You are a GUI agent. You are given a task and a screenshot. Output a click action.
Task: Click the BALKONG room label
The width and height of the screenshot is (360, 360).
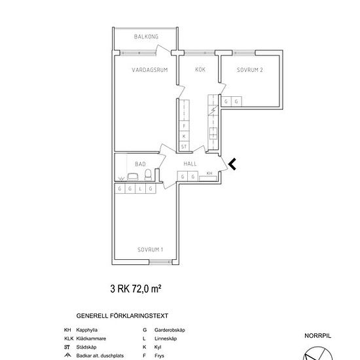coord(146,37)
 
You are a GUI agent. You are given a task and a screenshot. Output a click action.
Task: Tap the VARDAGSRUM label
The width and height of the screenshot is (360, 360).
coord(150,70)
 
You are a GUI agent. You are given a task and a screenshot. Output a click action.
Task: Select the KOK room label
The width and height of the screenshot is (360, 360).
coord(200,69)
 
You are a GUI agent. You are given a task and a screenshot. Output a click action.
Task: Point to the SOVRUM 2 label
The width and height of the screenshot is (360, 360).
coord(250,70)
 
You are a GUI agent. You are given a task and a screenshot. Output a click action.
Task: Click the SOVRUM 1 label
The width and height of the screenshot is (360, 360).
coord(150,249)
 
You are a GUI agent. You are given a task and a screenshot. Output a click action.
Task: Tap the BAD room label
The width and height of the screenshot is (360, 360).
coord(140,164)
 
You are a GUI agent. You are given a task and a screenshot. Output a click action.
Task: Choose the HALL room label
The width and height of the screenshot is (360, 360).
coord(190,164)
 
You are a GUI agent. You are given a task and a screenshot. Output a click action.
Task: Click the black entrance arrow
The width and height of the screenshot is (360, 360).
coord(232,164)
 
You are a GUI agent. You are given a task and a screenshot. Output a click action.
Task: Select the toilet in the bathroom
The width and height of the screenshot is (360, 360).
coord(148,175)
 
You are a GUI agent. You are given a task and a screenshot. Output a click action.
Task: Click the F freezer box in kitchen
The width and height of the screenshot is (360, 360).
coord(184,126)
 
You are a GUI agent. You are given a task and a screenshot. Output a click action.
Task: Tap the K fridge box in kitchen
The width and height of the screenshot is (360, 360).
coord(184,136)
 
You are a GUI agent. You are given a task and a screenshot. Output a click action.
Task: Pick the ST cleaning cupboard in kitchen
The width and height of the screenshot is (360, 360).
coord(184,147)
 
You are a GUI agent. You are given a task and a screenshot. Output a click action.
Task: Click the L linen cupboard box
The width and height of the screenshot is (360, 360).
coord(140,189)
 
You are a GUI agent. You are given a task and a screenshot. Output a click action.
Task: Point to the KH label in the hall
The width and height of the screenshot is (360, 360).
coord(209,173)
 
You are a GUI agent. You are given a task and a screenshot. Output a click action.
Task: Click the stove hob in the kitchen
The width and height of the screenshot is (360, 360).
coord(213,133)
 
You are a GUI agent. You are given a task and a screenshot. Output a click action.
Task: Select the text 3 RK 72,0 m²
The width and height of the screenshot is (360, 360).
coord(135,289)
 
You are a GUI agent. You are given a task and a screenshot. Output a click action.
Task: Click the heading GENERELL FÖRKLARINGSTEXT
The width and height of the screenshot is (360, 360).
coord(122,315)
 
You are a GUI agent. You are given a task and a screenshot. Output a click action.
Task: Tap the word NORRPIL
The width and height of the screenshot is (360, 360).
coord(317,336)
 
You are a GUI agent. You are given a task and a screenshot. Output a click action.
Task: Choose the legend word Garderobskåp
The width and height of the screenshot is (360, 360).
coord(170,330)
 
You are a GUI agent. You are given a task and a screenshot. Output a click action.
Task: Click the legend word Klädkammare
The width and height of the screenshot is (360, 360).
coord(91,338)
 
